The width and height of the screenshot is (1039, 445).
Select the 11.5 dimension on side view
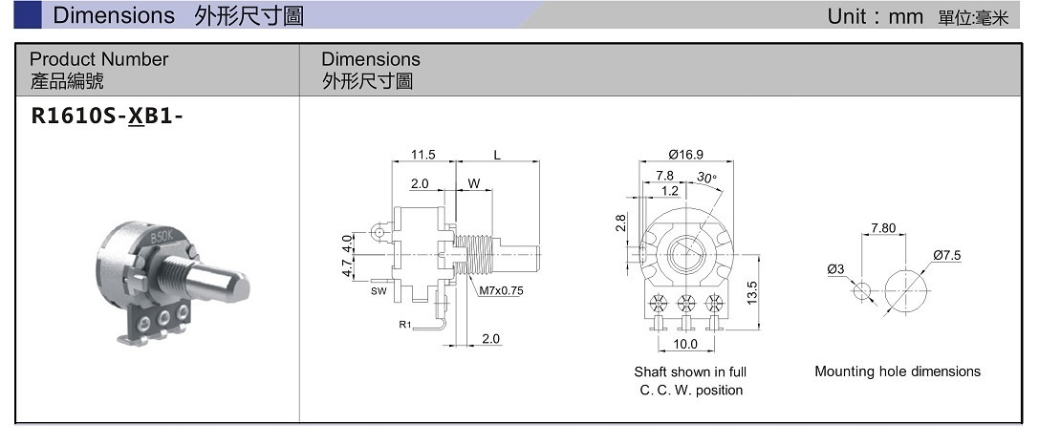pos(422,154)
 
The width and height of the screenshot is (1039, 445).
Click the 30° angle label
pos(706,177)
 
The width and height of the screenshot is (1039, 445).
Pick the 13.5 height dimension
pos(751,290)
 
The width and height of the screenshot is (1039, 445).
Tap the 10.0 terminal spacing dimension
pos(685,344)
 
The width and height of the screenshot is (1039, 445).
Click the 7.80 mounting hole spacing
pos(883,228)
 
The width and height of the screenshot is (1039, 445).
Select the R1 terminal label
pos(405,326)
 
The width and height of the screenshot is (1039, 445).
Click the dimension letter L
pos(498,154)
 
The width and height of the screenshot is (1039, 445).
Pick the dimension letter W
pos(473,182)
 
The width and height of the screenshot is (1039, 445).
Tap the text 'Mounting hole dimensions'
pos(897,371)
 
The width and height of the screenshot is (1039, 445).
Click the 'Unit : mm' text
pos(875,16)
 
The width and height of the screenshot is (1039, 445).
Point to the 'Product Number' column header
pos(98,59)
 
